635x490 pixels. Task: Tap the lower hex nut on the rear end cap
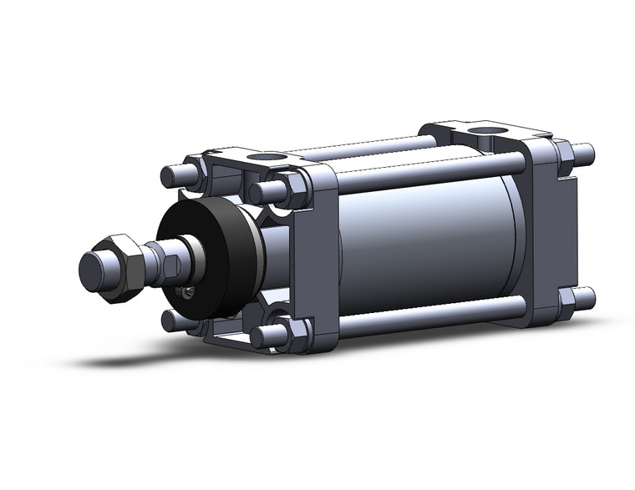pos(566,298)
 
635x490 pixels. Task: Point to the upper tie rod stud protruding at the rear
pos(585,154)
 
